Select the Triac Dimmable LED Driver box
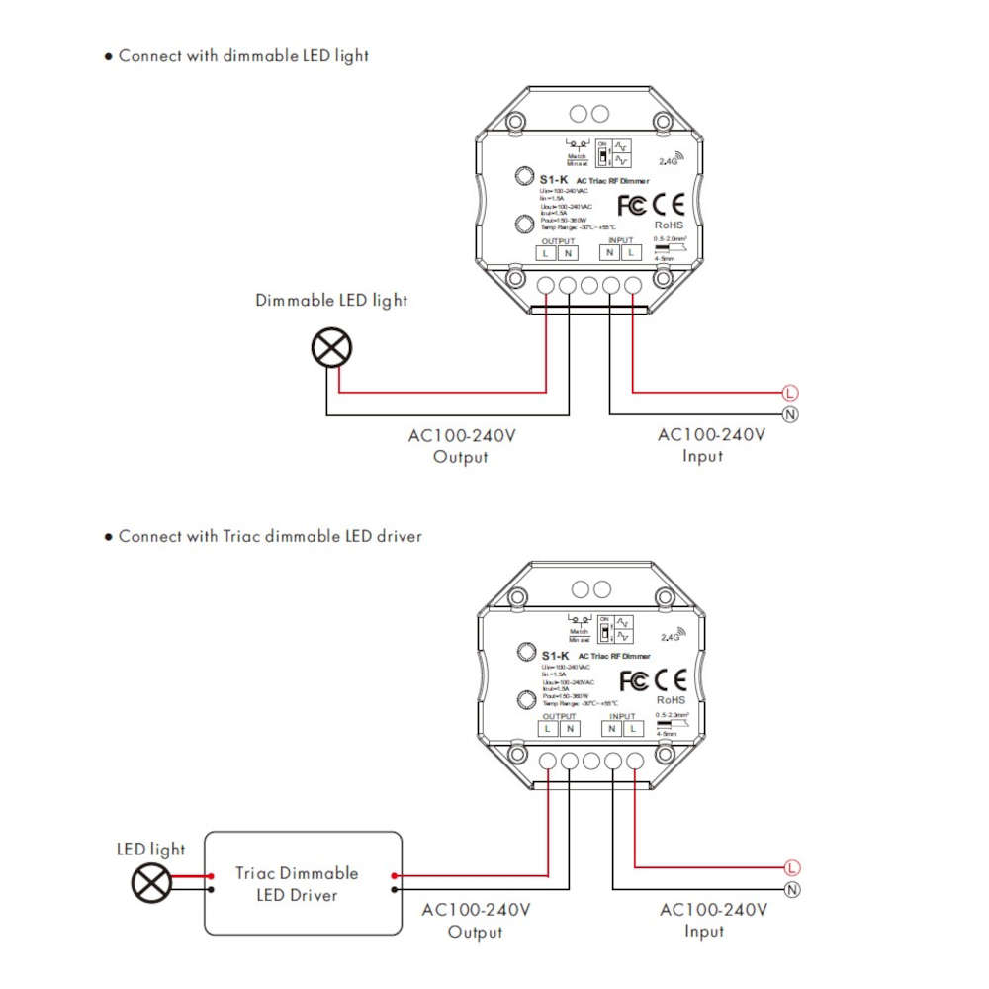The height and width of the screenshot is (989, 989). [303, 883]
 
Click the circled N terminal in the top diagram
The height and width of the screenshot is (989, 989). [789, 413]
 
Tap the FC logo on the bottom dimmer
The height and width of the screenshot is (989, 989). [634, 680]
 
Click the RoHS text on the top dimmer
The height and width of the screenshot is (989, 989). [670, 225]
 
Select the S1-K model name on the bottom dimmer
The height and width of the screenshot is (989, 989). [556, 656]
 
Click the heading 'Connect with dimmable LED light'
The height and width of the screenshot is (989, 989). [243, 56]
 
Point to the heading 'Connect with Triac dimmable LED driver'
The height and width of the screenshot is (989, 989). [270, 537]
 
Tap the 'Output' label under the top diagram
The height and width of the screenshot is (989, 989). [461, 457]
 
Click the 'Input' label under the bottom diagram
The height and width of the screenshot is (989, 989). [704, 932]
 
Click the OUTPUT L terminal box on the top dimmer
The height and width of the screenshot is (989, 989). [546, 253]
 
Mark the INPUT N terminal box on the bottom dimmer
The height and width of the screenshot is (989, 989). [613, 729]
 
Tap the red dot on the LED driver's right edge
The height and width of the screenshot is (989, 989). [396, 875]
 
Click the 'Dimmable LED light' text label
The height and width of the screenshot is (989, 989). [331, 300]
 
